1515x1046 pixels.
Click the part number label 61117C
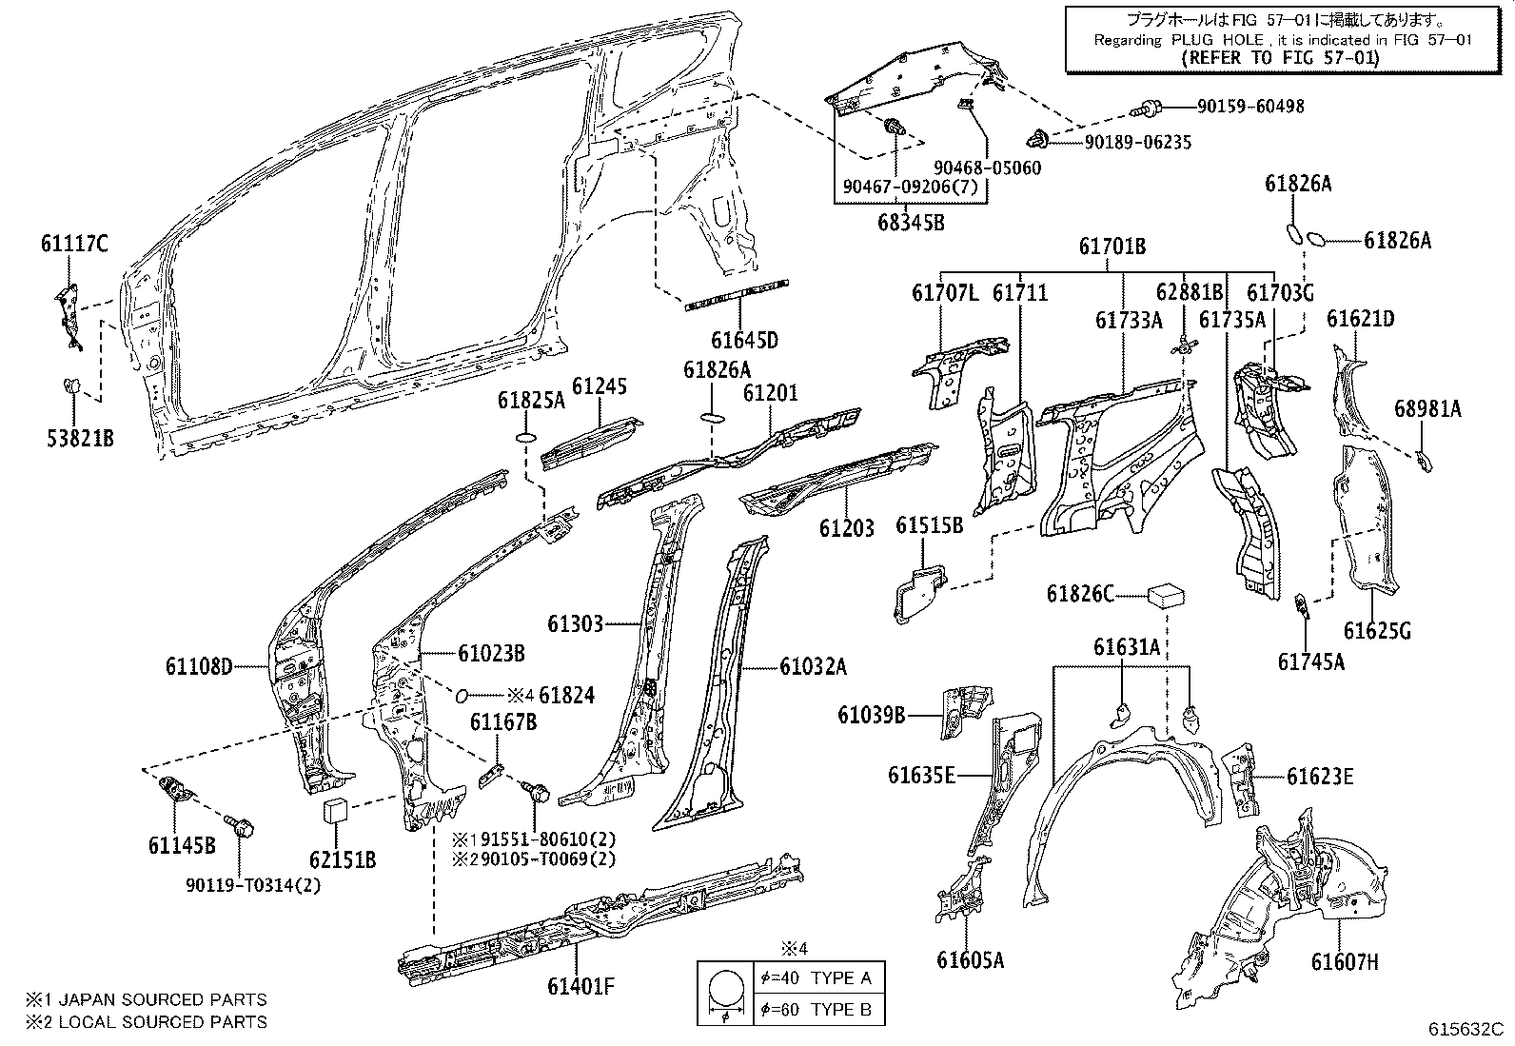click(x=74, y=245)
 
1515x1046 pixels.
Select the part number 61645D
click(x=744, y=341)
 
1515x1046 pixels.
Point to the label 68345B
click(x=911, y=223)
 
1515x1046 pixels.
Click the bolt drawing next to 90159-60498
click(x=1149, y=108)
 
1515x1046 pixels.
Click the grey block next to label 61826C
click(x=1167, y=595)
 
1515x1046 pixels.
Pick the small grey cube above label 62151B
click(x=335, y=811)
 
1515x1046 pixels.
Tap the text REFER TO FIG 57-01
click(x=1279, y=57)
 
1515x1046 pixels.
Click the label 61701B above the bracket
click(x=1112, y=247)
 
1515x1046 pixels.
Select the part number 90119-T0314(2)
click(x=254, y=884)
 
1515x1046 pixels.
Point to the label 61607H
click(x=1344, y=961)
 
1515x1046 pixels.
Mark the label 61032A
click(x=813, y=667)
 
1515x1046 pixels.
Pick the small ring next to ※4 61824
click(x=462, y=694)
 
